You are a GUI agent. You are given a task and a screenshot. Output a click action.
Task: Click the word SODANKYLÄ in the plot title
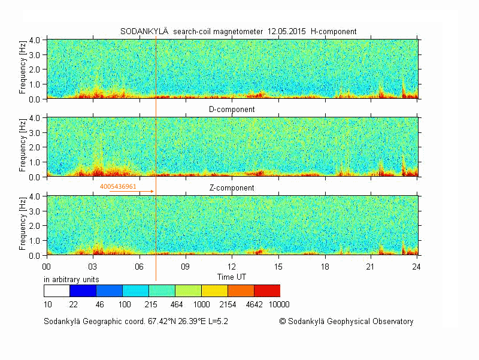(x=144, y=32)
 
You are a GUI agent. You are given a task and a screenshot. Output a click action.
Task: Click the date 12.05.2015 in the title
(x=287, y=32)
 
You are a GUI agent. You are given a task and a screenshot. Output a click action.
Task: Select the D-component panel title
(x=232, y=110)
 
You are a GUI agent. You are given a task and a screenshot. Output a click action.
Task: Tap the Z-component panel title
(x=232, y=188)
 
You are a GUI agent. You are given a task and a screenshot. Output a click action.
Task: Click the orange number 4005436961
(x=119, y=187)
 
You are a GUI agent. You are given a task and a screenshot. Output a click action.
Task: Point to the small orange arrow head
(x=152, y=192)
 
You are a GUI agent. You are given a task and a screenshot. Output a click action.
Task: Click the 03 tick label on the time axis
(x=93, y=266)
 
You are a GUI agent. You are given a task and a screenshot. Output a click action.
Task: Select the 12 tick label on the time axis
(x=232, y=266)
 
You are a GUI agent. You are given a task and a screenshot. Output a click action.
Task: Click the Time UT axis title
(x=232, y=277)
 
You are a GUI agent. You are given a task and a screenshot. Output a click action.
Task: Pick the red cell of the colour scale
(x=267, y=291)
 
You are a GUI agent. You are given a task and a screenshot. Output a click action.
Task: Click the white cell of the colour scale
(x=57, y=291)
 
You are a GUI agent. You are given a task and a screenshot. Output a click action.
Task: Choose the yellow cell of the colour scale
(x=214, y=291)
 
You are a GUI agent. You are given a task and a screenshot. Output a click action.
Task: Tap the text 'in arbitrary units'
(x=72, y=280)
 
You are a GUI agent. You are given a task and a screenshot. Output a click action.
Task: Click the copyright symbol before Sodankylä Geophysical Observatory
(x=283, y=322)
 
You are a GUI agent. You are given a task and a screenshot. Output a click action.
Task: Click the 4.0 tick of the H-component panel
(x=35, y=40)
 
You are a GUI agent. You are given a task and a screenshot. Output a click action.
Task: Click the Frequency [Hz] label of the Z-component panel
(x=23, y=225)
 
